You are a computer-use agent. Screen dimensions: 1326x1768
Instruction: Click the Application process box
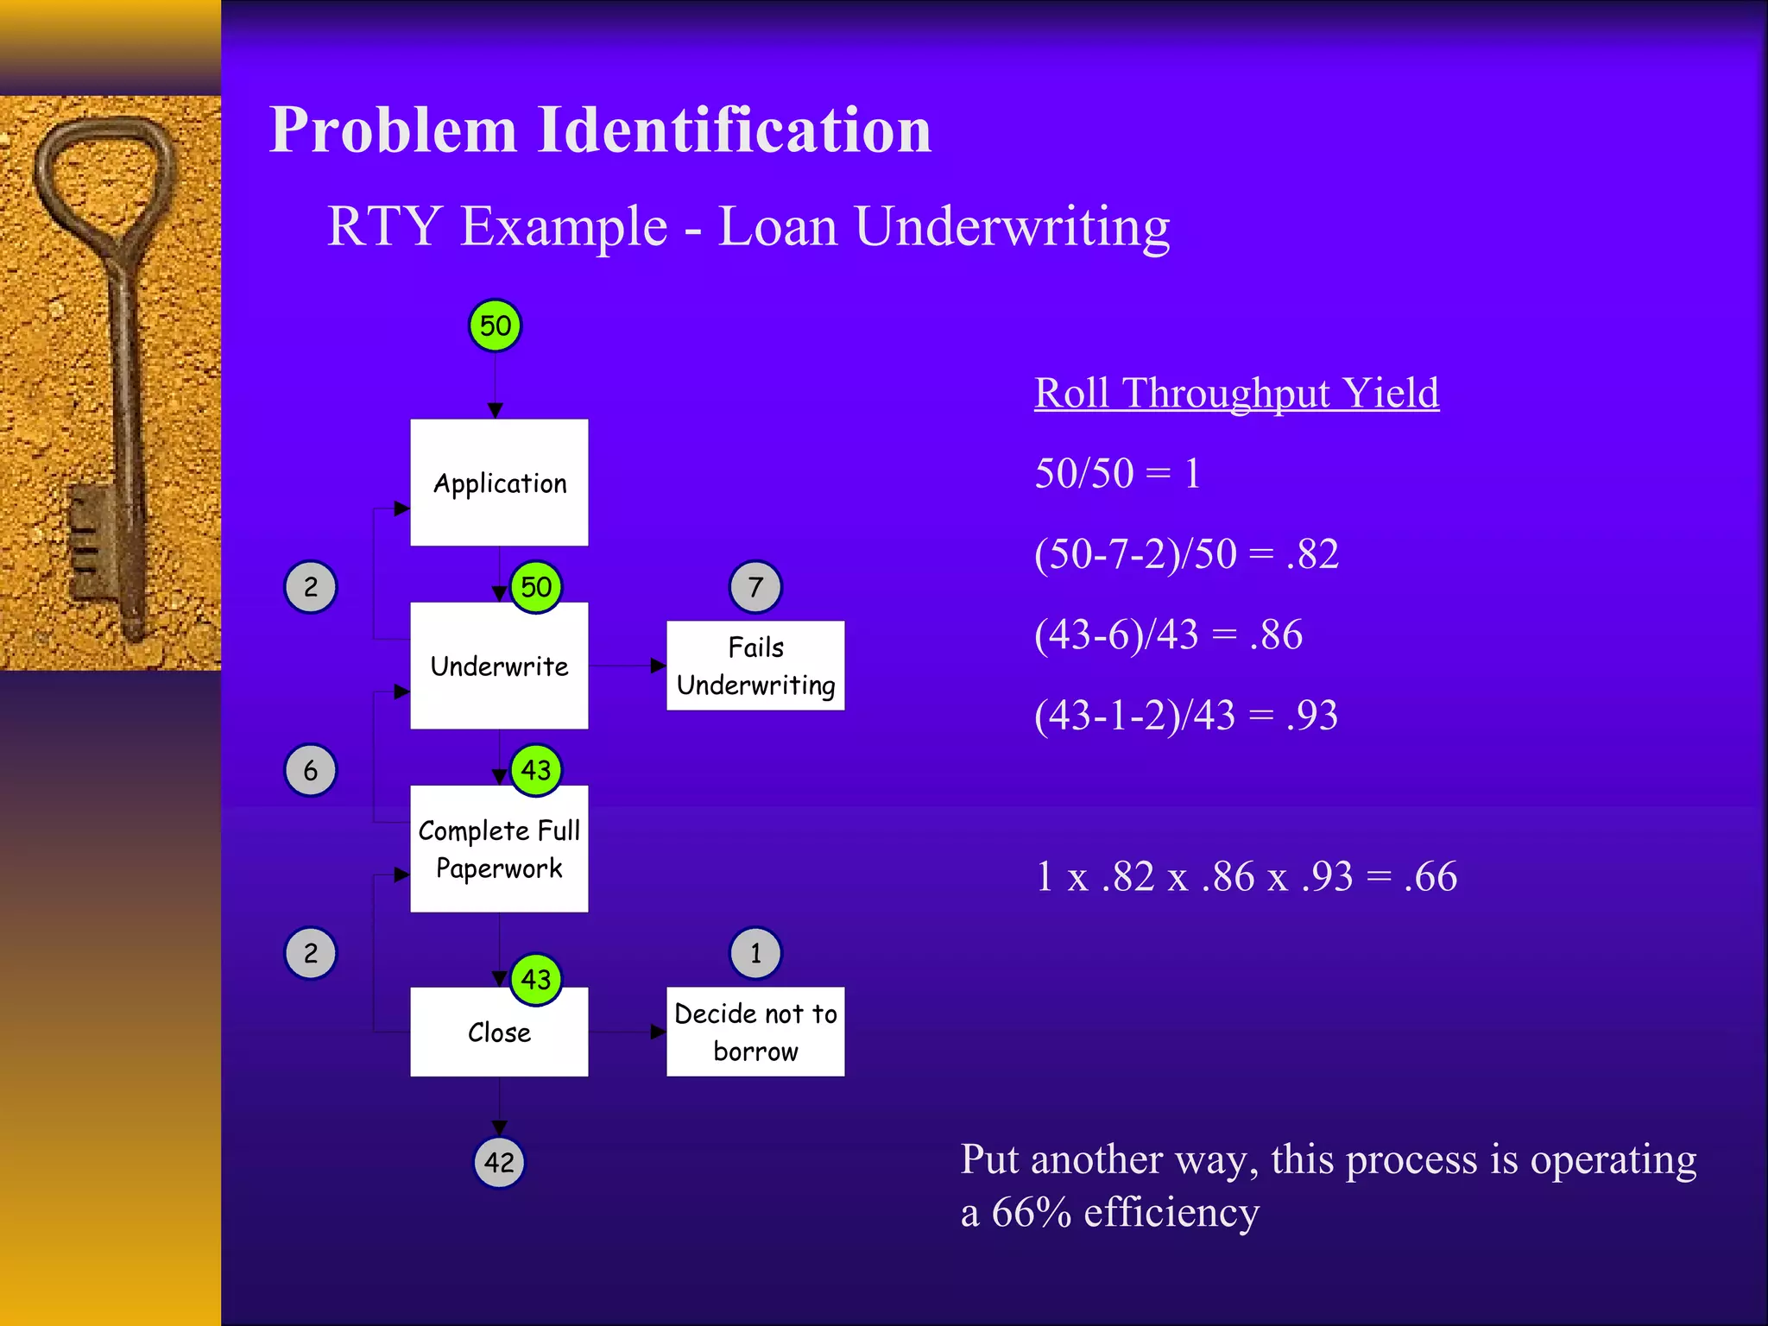499,482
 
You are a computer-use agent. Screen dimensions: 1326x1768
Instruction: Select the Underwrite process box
499,666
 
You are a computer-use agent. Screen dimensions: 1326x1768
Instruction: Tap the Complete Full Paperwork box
499,849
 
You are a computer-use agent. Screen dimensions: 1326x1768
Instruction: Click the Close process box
499,1032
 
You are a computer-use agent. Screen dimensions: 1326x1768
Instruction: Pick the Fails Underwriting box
755,666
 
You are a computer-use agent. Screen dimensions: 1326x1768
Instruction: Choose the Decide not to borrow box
755,1032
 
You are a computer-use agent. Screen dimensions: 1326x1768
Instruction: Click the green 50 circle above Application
495,325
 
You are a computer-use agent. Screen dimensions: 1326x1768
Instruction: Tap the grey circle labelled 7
755,587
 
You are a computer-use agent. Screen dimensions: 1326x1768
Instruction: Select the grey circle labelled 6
311,770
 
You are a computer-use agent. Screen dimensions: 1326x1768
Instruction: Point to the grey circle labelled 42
499,1162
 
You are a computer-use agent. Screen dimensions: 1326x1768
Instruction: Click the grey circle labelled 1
755,953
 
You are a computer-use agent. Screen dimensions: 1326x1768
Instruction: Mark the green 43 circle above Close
536,979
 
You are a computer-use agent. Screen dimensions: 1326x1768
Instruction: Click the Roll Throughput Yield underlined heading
1236,394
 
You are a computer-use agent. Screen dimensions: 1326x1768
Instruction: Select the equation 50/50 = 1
1117,473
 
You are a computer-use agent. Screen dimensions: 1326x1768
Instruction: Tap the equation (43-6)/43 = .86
1168,635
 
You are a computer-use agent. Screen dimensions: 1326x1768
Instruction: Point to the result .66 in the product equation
1430,877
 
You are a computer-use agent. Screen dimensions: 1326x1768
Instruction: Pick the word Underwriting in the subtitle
1012,227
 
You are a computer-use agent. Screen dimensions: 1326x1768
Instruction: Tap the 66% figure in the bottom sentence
1032,1213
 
